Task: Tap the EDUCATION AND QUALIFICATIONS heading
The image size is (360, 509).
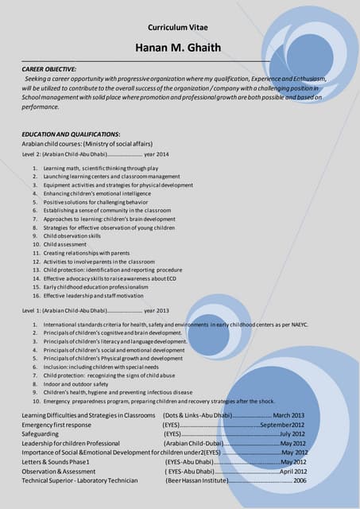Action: click(x=71, y=134)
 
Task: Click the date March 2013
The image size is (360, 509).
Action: click(x=288, y=415)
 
